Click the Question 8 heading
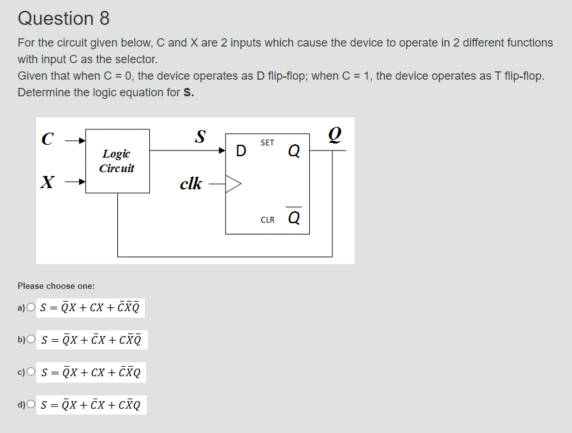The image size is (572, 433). point(64,18)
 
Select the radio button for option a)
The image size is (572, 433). point(31,309)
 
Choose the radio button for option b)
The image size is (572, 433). point(31,340)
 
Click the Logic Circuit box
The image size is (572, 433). point(117,161)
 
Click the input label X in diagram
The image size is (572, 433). point(46,183)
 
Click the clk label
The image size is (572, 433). point(191,184)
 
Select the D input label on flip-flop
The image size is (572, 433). point(240,151)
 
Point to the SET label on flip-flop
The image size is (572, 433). point(267,143)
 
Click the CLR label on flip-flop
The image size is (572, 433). point(268,220)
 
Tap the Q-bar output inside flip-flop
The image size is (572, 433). point(294,218)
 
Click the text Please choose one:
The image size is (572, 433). point(56,286)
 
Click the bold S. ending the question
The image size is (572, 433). point(188,92)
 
